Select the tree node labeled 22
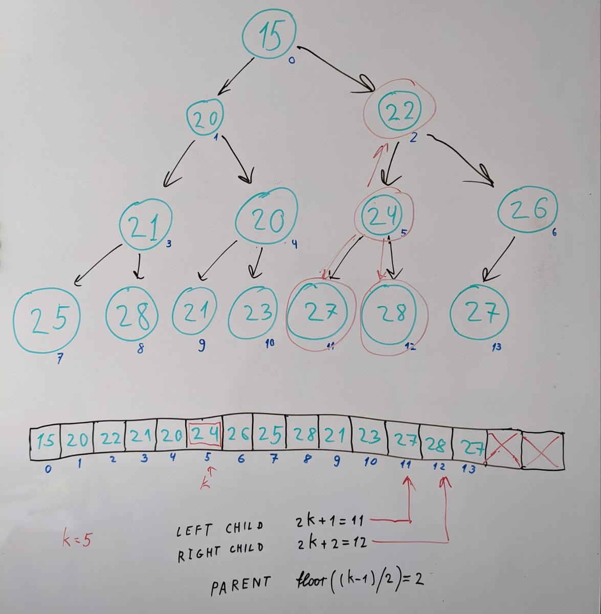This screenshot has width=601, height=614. (x=399, y=111)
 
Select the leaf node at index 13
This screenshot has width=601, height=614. (x=479, y=312)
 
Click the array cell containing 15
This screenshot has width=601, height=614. (x=46, y=440)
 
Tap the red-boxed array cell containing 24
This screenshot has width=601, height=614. (x=205, y=435)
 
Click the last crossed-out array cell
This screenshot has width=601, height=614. (x=542, y=451)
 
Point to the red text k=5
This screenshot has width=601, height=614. (x=77, y=540)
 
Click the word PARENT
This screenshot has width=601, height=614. (x=240, y=585)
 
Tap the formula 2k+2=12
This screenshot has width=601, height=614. (x=332, y=542)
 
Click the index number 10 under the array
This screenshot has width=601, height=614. (x=370, y=462)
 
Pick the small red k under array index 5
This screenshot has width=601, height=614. (x=206, y=482)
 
